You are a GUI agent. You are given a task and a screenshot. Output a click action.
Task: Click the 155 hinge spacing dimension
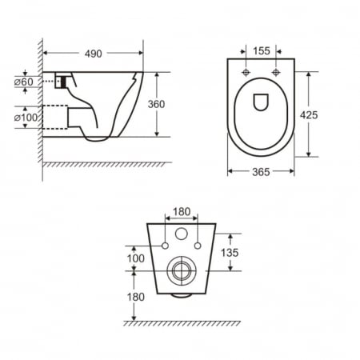pyautogui.click(x=261, y=50)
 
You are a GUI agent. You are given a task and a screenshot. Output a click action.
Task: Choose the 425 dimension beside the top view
pyautogui.click(x=308, y=114)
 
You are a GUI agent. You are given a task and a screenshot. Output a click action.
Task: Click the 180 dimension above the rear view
pyautogui.click(x=181, y=213)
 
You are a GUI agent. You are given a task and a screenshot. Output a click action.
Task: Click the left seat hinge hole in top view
pyautogui.click(x=246, y=73)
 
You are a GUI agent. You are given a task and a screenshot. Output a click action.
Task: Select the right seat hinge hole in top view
pyautogui.click(x=275, y=73)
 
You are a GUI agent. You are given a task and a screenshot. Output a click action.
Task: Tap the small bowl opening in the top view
pyautogui.click(x=261, y=102)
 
